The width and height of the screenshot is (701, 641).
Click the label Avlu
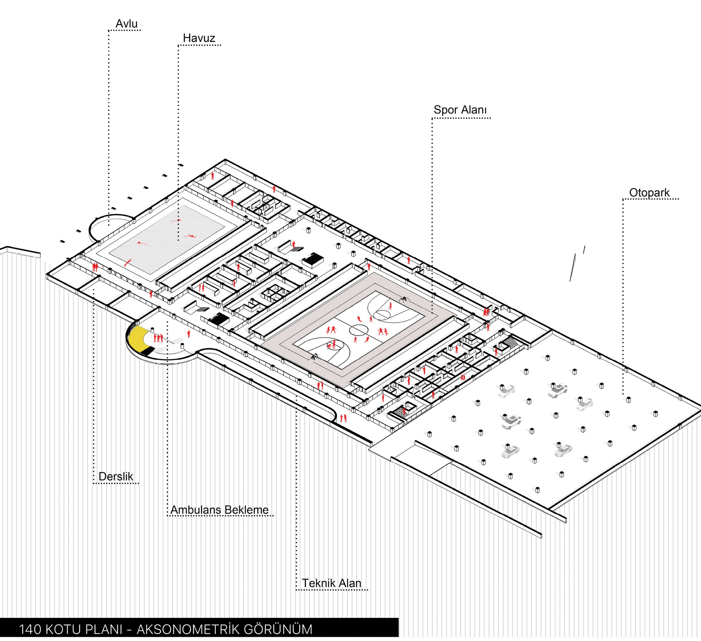click(127, 24)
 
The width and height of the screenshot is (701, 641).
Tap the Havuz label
click(199, 38)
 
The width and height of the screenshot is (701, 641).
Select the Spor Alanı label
click(460, 110)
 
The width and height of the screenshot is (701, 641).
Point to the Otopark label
click(649, 193)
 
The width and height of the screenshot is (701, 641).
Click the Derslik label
click(116, 477)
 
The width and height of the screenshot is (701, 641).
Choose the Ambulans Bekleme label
click(219, 510)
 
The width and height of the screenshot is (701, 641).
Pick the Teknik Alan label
click(331, 583)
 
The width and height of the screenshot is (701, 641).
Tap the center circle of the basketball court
click(358, 330)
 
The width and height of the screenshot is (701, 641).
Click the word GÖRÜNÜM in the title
click(278, 629)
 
